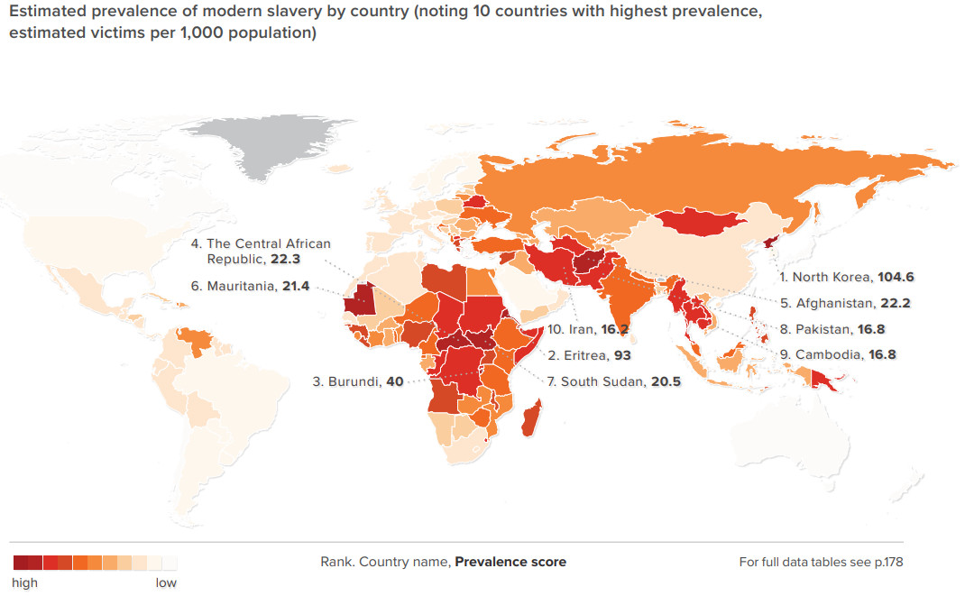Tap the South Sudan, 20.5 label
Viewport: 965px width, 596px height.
pos(613,381)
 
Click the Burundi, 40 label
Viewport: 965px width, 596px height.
pos(357,381)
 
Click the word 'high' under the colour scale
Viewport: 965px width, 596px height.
pos(25,582)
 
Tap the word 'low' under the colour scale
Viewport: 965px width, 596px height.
pos(166,582)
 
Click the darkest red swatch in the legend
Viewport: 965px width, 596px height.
pos(21,564)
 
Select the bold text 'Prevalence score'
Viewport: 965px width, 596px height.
pos(510,562)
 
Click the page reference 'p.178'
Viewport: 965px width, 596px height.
pos(887,562)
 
